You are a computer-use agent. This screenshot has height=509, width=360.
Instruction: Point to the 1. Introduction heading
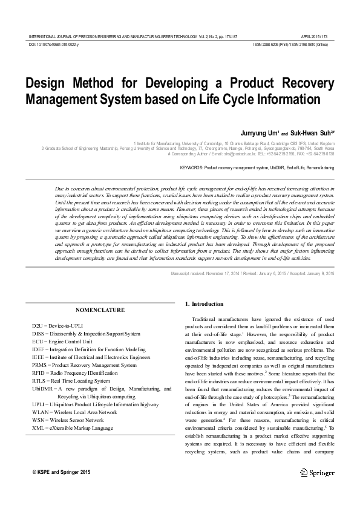[x=204, y=303]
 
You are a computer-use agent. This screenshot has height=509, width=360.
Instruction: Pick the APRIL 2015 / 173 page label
[x=315, y=37]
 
